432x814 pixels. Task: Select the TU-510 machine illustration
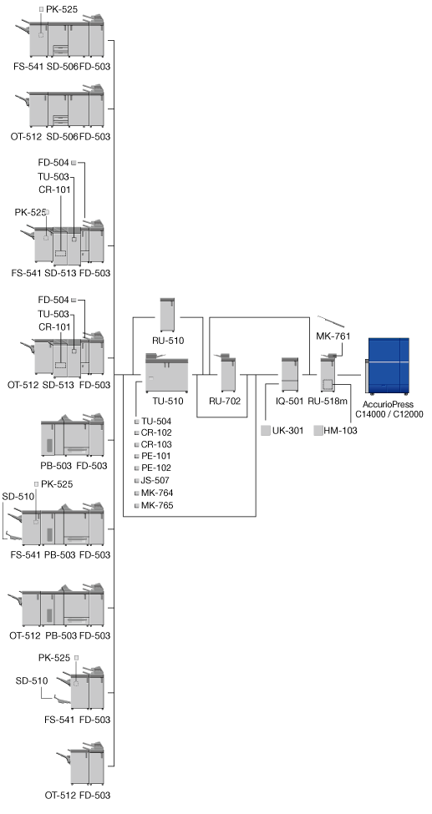click(x=166, y=373)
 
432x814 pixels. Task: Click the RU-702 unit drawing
click(x=228, y=372)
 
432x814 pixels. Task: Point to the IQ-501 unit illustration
click(x=290, y=374)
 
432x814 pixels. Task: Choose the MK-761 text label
click(x=333, y=336)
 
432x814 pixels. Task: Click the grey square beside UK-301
click(x=266, y=430)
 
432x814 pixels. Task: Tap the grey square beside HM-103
click(x=318, y=430)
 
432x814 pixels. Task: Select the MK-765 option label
click(x=156, y=505)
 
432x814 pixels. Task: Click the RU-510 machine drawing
click(x=167, y=315)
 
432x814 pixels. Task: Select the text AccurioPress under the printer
click(x=389, y=404)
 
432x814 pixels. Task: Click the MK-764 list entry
click(x=157, y=493)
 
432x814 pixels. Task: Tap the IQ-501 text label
click(x=290, y=401)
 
